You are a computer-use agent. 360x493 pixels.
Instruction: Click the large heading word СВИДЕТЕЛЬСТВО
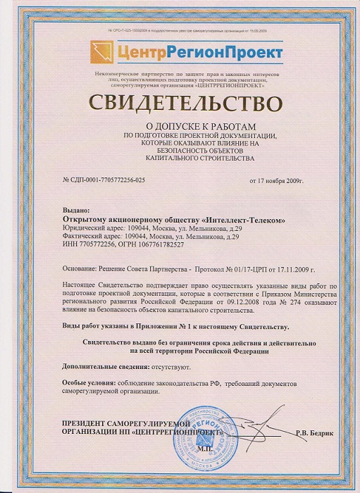pos(180,104)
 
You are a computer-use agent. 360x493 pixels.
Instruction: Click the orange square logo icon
pos(101,51)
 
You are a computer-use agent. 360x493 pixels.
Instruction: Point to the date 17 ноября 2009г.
pos(275,181)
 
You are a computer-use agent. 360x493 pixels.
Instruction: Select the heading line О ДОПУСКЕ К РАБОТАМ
pos(180,124)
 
